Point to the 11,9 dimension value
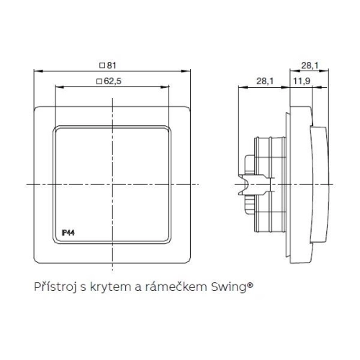(x=302, y=83)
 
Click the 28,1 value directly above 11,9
(x=310, y=66)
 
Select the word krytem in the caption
(x=129, y=287)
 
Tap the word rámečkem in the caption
(x=190, y=287)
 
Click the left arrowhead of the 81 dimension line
(x=37, y=71)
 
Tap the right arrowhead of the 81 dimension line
(x=193, y=71)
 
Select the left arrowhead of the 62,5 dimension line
(x=55, y=87)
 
